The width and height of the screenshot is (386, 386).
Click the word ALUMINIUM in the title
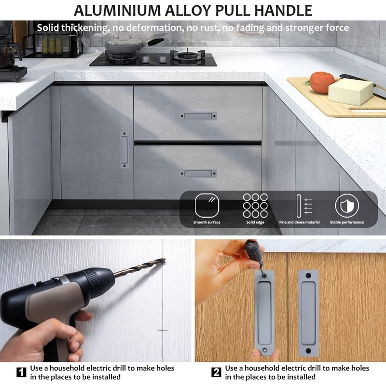tap(117, 10)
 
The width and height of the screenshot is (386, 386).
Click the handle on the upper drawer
tap(198, 116)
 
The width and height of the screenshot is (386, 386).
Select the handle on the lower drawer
tap(198, 174)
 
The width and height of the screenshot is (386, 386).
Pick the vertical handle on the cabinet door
tap(124, 150)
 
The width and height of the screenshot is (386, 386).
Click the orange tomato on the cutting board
tap(321, 82)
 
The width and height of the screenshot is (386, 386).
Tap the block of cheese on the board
tap(351, 91)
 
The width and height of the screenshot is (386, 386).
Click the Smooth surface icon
tap(207, 206)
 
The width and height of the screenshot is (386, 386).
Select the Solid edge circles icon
tap(255, 206)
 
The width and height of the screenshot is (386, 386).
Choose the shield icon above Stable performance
tap(347, 206)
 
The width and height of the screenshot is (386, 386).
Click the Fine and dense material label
tap(299, 222)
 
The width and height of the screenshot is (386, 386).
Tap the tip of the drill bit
tap(165, 259)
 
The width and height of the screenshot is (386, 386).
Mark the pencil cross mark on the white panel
tap(163, 330)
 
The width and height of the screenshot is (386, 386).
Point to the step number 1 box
tap(21, 372)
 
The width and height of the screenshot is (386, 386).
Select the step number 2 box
tap(216, 372)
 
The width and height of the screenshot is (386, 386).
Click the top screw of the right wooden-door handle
tap(308, 276)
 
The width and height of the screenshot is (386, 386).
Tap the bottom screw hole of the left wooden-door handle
tap(264, 349)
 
